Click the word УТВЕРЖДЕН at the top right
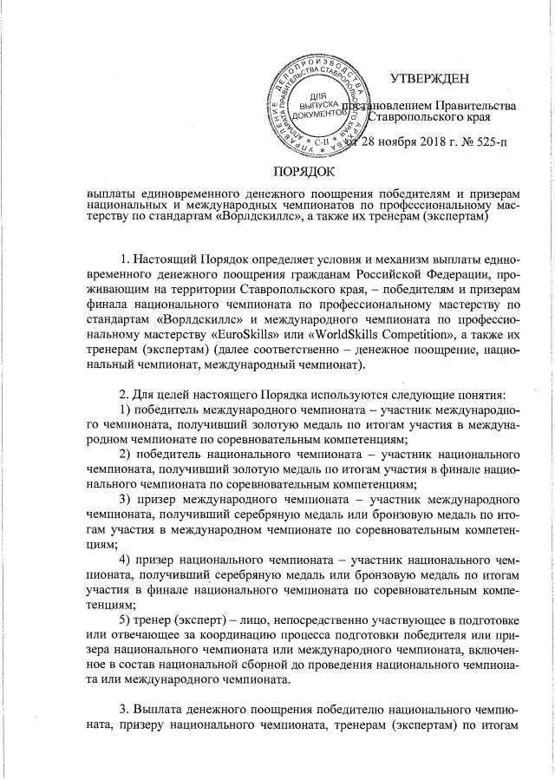click(x=429, y=80)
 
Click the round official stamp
click(x=318, y=98)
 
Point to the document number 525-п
click(x=472, y=142)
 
